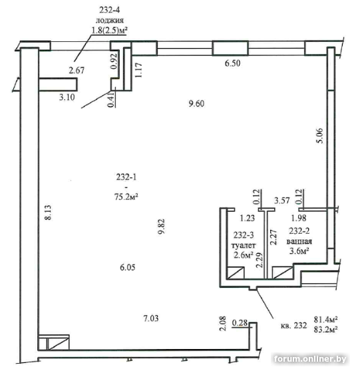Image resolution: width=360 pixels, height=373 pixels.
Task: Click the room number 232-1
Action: pos(126,177)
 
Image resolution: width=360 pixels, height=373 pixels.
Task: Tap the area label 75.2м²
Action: pos(126,196)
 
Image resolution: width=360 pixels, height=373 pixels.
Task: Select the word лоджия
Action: pos(110,21)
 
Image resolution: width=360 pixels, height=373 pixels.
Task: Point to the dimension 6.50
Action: pos(232,63)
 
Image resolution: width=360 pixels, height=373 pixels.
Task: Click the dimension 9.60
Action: pos(196,104)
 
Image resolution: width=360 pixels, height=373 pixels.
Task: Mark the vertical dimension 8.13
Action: pos(48,212)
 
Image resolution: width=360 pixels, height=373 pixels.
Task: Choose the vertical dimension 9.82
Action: pos(161,226)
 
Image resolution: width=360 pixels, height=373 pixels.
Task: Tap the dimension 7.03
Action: pos(151,318)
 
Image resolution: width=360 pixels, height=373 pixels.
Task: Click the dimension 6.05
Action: pos(128,267)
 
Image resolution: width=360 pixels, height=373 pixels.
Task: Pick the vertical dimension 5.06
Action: pos(320,135)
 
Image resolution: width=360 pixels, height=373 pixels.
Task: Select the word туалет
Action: pos(244,245)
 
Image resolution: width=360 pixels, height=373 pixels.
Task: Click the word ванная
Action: pos(299,241)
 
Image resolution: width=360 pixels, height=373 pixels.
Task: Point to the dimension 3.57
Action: pos(282,200)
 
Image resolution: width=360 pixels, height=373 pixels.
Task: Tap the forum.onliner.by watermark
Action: pos(310,359)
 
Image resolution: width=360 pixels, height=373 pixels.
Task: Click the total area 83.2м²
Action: pos(326,329)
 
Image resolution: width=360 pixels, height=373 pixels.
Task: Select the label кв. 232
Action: pos(293,325)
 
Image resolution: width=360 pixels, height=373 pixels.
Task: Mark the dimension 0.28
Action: pos(240,323)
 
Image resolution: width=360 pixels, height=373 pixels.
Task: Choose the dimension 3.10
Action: pos(67,97)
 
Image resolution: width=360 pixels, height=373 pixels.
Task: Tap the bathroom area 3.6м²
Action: pos(299,251)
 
